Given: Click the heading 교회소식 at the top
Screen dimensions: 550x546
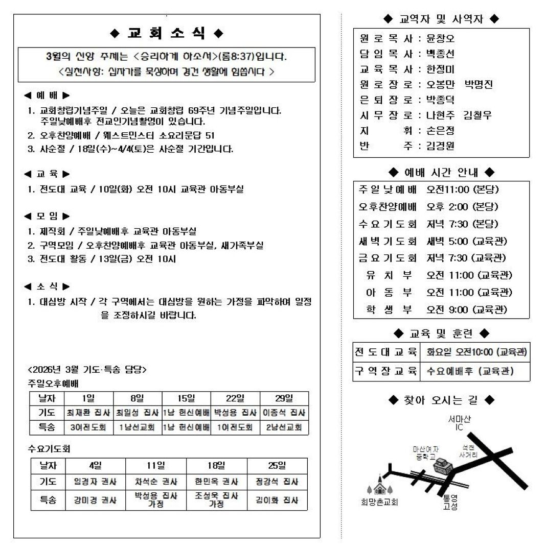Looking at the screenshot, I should [167, 34].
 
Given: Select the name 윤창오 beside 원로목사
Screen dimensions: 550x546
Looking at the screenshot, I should [440, 39].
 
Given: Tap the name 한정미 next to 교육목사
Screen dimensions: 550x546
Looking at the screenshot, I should [440, 69].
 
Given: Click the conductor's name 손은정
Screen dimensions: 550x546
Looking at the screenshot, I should [440, 131].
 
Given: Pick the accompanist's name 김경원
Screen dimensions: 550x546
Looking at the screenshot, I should [440, 146].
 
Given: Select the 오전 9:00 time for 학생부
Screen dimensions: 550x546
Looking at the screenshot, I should [467, 309].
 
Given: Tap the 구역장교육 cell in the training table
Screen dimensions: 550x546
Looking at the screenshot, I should [386, 371].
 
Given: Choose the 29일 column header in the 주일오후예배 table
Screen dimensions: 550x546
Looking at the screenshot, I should [284, 398].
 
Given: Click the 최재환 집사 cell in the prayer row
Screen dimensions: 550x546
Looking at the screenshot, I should [88, 413].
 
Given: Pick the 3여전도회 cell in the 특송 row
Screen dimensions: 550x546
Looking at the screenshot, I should [88, 427].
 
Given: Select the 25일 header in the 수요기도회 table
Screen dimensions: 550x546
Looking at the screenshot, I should [277, 466].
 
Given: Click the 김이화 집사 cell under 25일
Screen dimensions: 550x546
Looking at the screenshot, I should [277, 500].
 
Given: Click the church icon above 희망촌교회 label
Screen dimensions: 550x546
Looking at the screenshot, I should [379, 486].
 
